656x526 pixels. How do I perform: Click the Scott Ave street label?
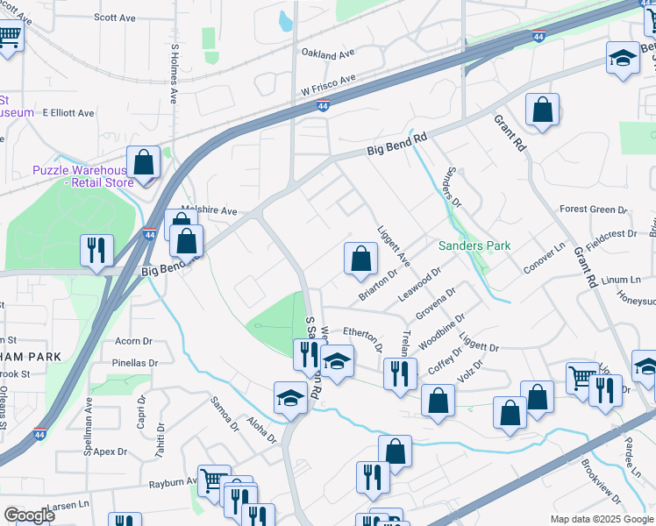click(115, 17)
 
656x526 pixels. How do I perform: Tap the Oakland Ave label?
click(327, 54)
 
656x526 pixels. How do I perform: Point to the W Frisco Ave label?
click(328, 84)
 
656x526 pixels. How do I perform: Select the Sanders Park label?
click(474, 246)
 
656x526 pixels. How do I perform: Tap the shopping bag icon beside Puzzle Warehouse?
click(143, 163)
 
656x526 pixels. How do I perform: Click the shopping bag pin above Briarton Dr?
click(360, 259)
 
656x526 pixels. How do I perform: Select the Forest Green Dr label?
click(594, 210)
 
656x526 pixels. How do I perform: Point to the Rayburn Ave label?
click(172, 482)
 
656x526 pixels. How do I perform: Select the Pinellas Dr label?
click(134, 362)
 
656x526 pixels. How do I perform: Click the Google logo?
click(30, 515)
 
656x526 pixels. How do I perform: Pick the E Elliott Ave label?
click(59, 113)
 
